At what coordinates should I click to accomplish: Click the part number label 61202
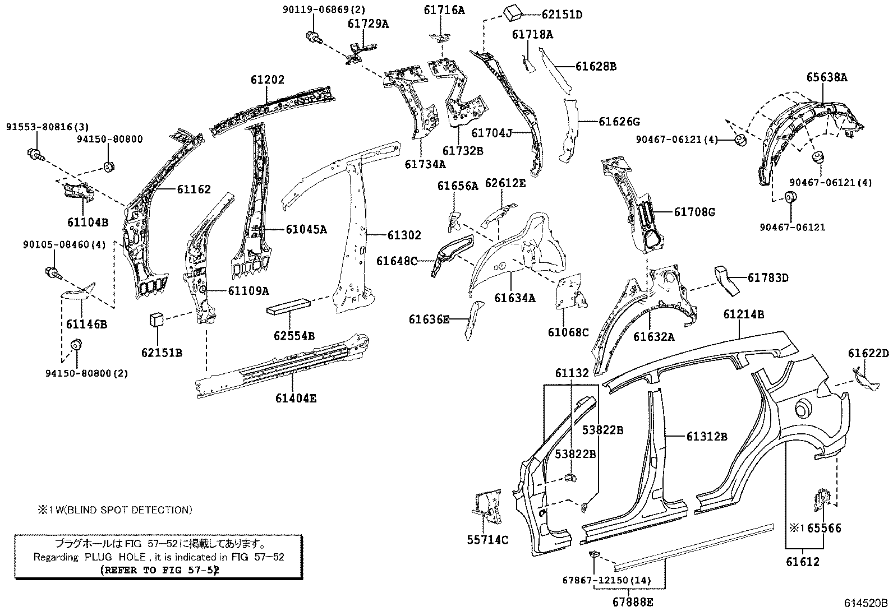pos(268,80)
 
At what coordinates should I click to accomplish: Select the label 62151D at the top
pos(561,15)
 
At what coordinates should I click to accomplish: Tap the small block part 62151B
pos(156,320)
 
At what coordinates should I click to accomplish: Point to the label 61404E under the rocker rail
pos(296,399)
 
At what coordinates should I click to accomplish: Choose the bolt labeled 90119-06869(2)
pos(313,38)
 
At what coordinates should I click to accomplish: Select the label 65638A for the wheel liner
pos(827,78)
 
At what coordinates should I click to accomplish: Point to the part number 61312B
pos(706,436)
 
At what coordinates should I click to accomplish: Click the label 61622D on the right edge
pos(868,353)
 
